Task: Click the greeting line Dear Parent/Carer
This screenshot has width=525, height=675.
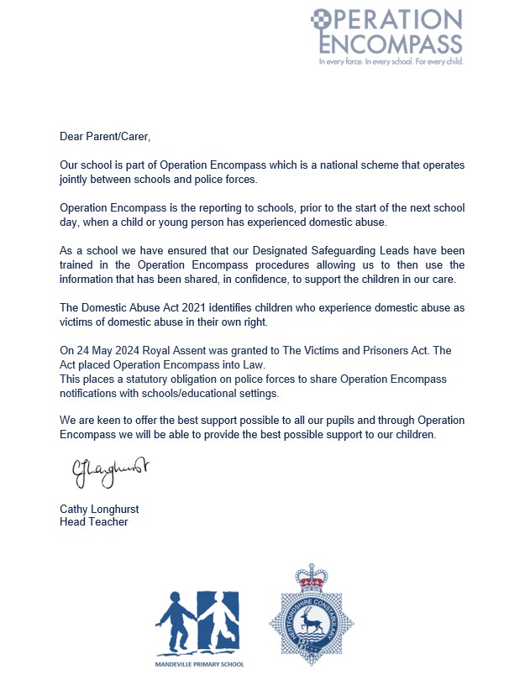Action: pos(105,135)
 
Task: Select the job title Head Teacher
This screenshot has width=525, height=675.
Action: pos(93,521)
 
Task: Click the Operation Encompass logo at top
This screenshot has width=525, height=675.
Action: pos(386,31)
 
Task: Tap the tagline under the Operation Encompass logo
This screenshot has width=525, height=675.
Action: pos(391,61)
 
